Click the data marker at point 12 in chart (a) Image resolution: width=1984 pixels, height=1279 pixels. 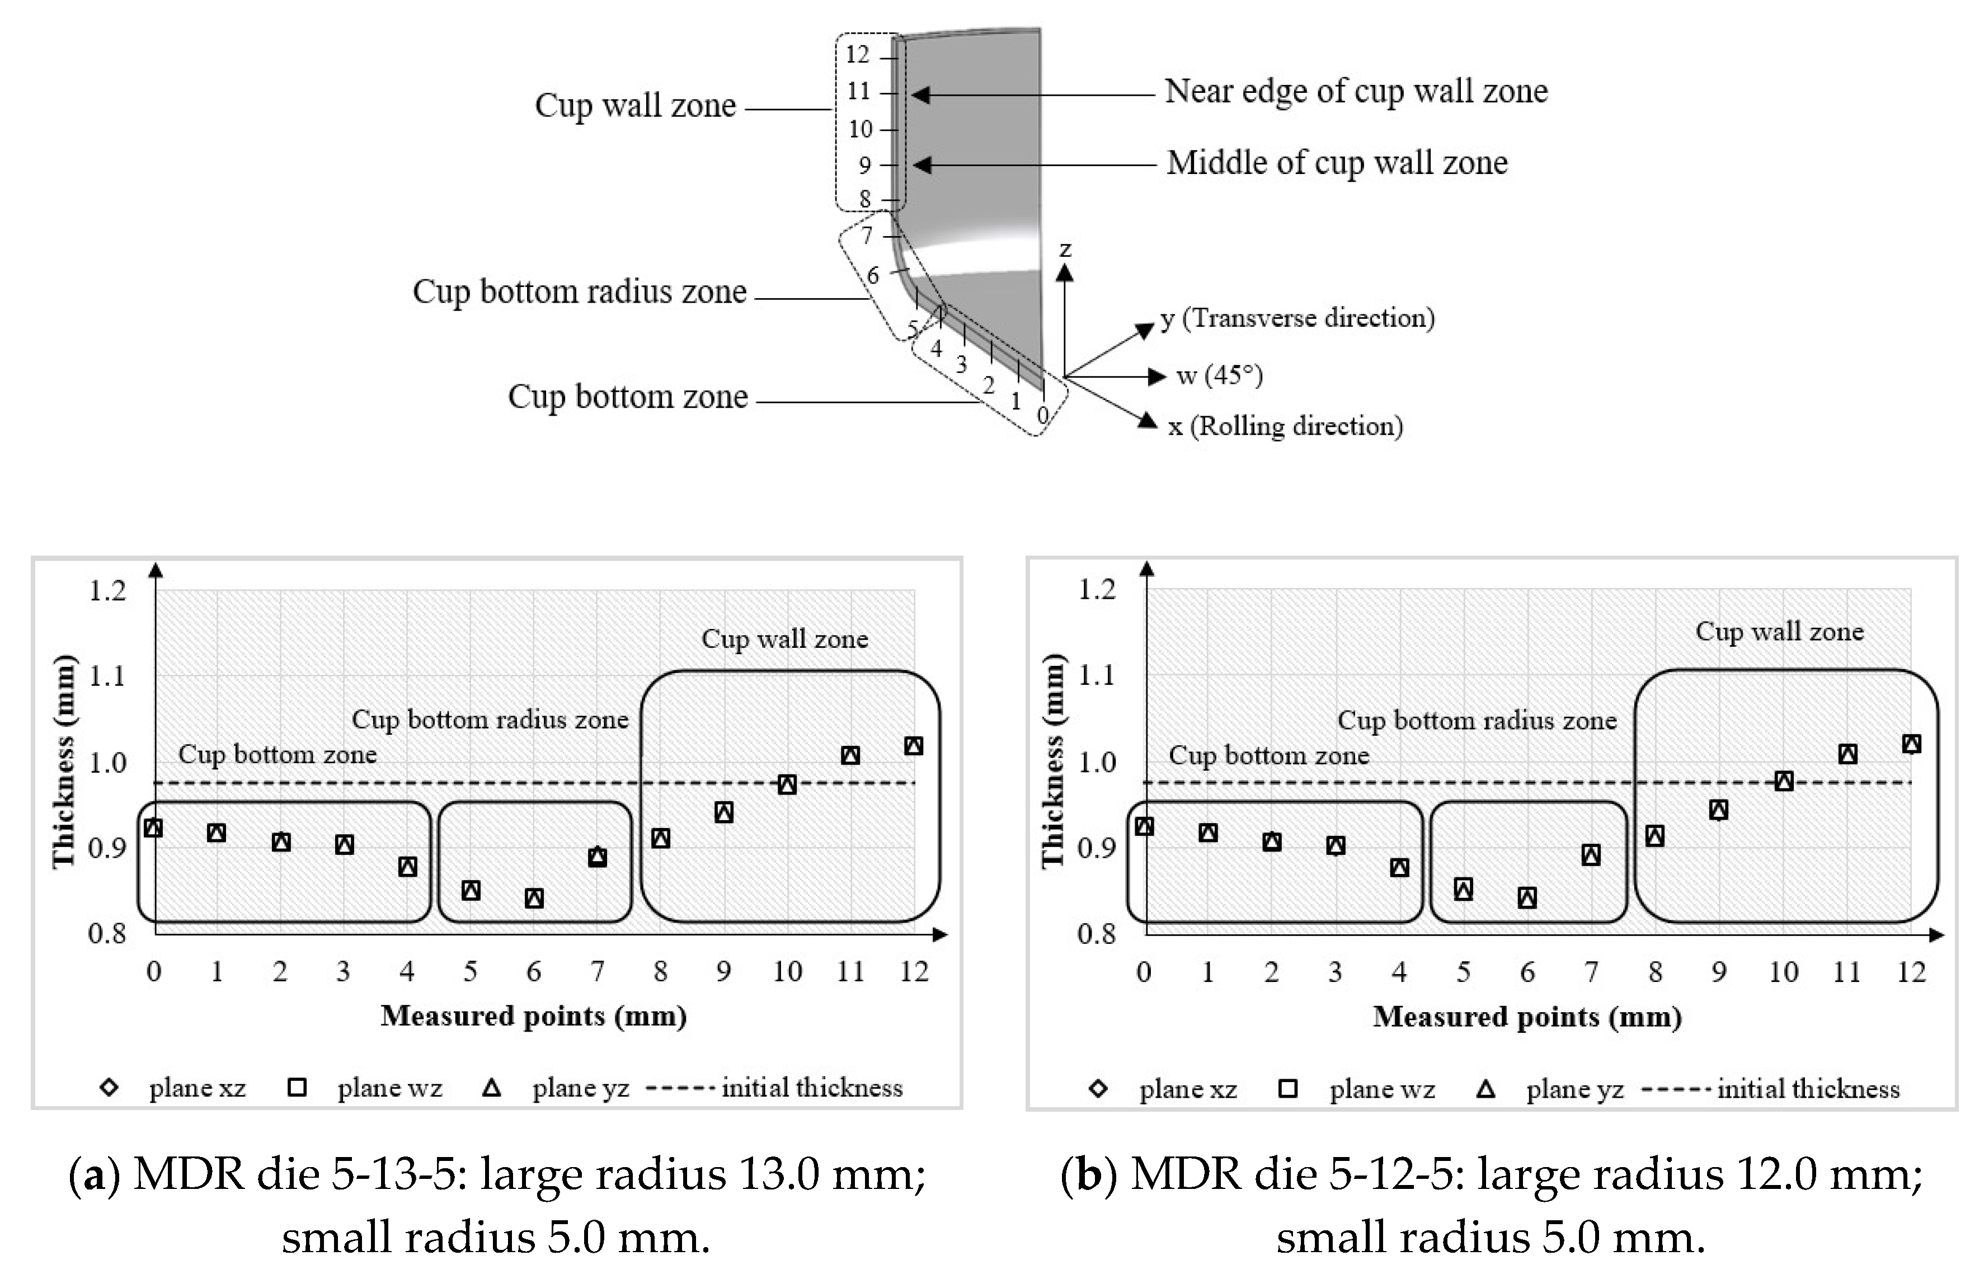(x=914, y=746)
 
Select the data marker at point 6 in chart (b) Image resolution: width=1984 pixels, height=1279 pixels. (x=1526, y=898)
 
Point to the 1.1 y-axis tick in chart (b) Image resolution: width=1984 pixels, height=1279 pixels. (x=1096, y=675)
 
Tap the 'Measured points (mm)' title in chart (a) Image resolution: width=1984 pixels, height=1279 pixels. (x=533, y=1015)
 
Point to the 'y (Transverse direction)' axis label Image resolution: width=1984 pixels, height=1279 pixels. (x=1297, y=318)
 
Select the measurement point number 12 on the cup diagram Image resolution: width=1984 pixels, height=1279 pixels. (x=857, y=55)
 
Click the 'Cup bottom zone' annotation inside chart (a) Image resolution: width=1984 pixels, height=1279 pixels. (x=278, y=754)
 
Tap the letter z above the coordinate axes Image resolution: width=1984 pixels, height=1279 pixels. (x=1065, y=249)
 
